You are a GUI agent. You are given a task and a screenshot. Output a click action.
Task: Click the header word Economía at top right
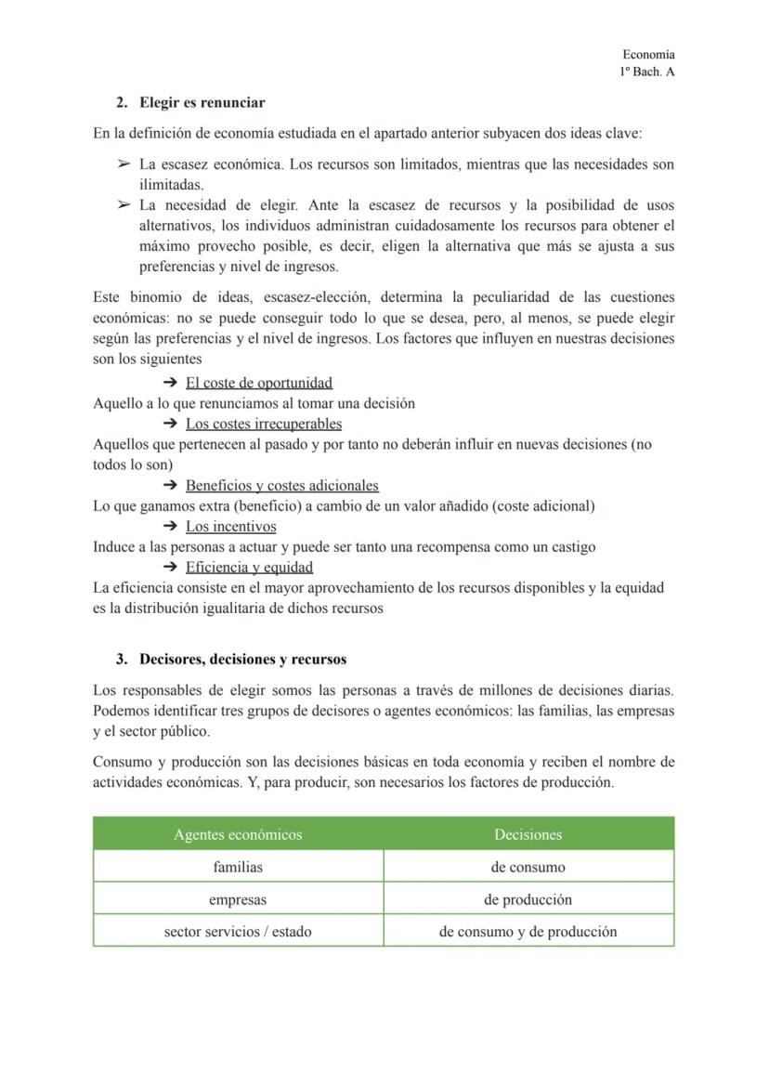pos(648,56)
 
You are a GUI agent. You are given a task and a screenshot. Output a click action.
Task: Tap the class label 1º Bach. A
pos(647,72)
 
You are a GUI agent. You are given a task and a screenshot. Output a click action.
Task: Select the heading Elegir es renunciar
pos(202,102)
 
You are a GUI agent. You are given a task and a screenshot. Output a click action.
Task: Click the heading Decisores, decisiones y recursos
pos(242,660)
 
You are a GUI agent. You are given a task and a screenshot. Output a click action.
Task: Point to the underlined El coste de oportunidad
pos(258,383)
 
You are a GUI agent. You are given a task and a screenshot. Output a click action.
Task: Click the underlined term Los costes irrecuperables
pos(263,424)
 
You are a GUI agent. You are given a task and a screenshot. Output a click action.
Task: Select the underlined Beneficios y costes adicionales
pos(281,485)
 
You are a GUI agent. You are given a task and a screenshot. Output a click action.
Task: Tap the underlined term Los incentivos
pos(230,527)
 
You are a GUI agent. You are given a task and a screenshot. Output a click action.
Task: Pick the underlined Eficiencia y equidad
pos(249,567)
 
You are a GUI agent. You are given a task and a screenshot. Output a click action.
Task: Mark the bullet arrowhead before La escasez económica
pos(123,164)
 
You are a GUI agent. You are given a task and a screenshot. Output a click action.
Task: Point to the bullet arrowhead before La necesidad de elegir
pos(123,205)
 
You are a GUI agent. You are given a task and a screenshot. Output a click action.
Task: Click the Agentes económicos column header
pos(238,834)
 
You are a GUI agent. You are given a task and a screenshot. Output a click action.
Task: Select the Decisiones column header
pos(528,834)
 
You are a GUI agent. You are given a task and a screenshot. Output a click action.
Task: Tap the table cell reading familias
pos(238,867)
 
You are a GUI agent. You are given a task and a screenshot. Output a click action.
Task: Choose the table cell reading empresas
pos(238,899)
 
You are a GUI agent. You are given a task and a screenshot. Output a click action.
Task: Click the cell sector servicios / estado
pos(238,931)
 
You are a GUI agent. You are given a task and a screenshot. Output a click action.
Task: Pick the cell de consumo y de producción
pos(528,931)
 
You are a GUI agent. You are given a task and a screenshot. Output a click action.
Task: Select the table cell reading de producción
pos(528,899)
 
